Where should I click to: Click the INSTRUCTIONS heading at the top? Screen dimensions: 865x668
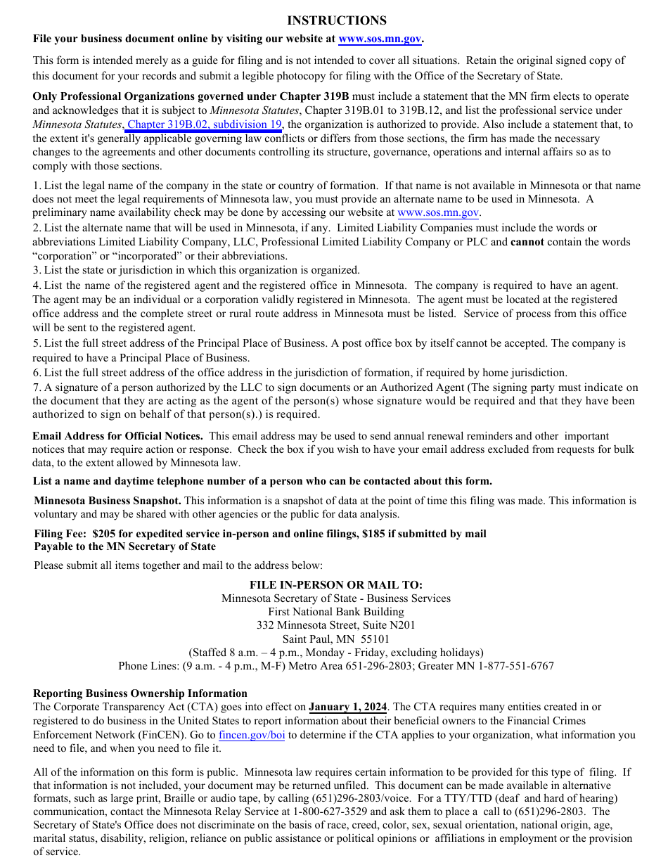pyautogui.click(x=336, y=20)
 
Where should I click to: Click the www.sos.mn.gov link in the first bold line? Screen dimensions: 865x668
pyautogui.click(x=380, y=39)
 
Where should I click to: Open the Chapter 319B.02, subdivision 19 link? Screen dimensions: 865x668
pyautogui.click(x=205, y=124)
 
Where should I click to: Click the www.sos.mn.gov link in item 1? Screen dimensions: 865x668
pyautogui.click(x=438, y=212)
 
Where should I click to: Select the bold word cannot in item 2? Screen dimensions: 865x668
pyautogui.click(x=528, y=242)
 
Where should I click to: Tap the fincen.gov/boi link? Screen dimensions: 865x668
pyautogui.click(x=252, y=735)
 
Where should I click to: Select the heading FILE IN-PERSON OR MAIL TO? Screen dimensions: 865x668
pyautogui.click(x=336, y=585)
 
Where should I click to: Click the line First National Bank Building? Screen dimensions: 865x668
pyautogui.click(x=336, y=612)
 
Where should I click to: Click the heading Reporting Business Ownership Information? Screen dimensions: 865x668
pyautogui.click(x=140, y=693)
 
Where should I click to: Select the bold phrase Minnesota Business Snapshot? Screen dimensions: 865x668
pyautogui.click(x=108, y=501)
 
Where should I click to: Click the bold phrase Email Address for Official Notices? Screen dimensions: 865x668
pyautogui.click(x=117, y=436)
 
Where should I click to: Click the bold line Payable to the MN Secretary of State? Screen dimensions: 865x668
pyautogui.click(x=124, y=546)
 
